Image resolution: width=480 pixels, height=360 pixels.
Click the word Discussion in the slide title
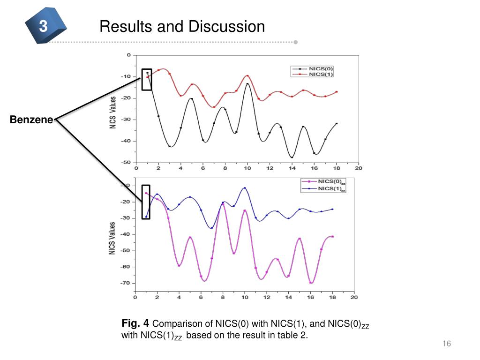pos(227,26)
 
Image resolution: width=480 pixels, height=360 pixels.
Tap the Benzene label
pos(31,120)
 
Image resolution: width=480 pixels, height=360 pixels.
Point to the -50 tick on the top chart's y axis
pos(126,162)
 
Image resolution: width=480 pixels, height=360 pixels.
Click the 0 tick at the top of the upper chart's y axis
pos(129,55)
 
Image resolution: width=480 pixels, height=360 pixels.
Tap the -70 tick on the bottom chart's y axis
pos(125,283)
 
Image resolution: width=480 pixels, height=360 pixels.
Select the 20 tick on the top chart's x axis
pos(358,168)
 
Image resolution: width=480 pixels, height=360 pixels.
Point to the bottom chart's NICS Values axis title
pos(112,238)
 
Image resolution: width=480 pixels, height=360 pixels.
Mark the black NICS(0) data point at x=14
pos(292,157)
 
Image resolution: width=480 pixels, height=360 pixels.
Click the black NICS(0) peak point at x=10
pos(247,84)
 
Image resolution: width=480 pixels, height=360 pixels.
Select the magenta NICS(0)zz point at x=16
pos(310,282)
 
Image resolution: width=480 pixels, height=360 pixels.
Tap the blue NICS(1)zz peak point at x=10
pos(244,188)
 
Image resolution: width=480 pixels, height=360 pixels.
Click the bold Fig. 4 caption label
pos(135,323)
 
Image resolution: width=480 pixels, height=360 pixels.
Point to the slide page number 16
pos(446,344)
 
